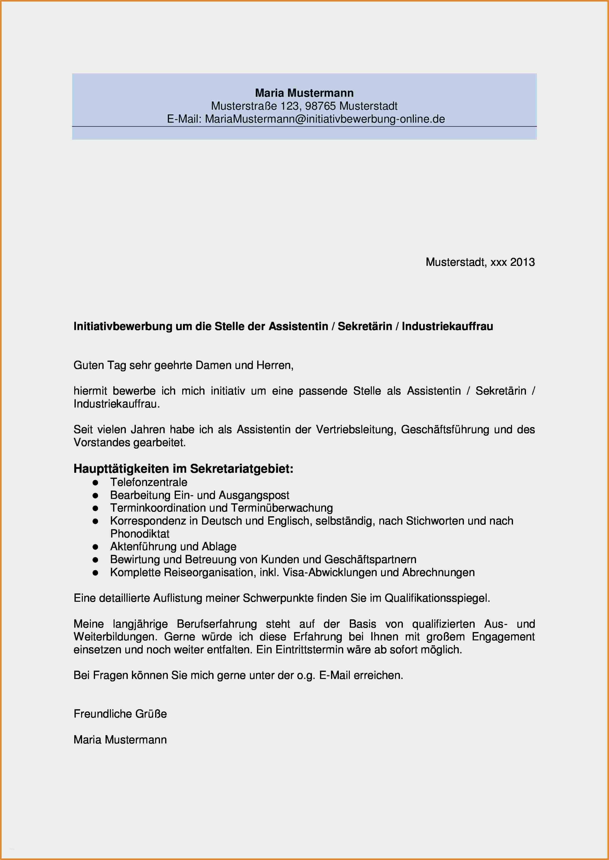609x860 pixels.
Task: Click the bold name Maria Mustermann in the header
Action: tap(304, 93)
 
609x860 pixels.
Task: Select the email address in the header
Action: tap(325, 119)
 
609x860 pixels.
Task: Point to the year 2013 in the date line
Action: tap(522, 262)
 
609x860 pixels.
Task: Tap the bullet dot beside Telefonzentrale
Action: tap(95, 483)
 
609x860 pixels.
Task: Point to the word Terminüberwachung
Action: tap(282, 508)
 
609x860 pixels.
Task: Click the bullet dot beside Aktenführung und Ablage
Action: tap(95, 547)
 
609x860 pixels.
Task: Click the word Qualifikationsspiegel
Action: tap(437, 598)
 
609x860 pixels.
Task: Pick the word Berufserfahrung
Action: tap(217, 624)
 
